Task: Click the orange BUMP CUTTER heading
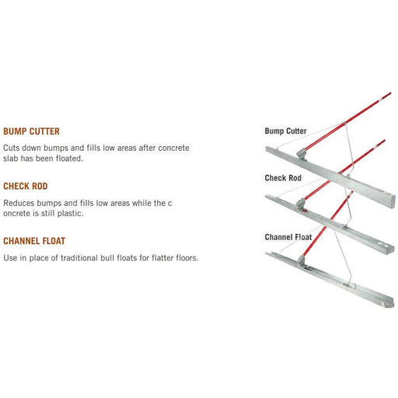[x=31, y=131]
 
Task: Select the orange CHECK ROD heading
[x=26, y=187]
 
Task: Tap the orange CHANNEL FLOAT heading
[x=34, y=241]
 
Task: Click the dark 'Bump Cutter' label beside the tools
[x=285, y=131]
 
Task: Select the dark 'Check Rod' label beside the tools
[x=283, y=178]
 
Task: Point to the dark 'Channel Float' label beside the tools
[x=288, y=237]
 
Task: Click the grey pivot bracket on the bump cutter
[x=302, y=154]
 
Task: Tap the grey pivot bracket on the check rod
[x=301, y=204]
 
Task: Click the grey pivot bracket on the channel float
[x=302, y=260]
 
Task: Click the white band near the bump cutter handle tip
[x=381, y=99]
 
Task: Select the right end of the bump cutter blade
[x=393, y=201]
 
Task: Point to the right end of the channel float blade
[x=391, y=303]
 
